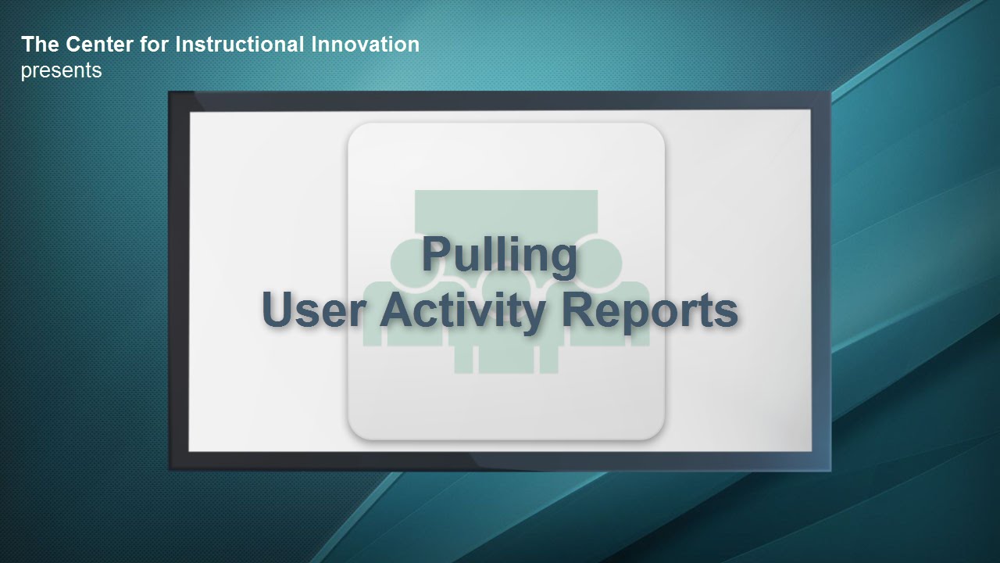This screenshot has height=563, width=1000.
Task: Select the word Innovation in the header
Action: [x=365, y=45]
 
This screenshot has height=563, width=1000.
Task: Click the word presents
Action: [x=61, y=71]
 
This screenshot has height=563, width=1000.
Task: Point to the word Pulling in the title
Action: [x=499, y=256]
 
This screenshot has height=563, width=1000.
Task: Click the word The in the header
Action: [x=40, y=45]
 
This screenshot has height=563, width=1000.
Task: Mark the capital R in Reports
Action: [x=577, y=309]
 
